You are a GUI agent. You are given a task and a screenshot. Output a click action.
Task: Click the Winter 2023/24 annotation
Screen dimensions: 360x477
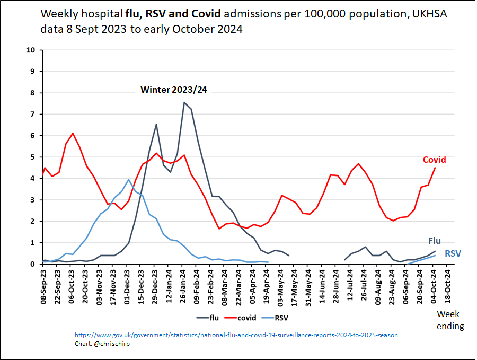click(173, 90)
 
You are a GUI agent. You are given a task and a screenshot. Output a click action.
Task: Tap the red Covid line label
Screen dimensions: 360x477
click(434, 160)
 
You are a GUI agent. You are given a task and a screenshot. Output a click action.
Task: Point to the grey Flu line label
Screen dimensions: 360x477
click(434, 241)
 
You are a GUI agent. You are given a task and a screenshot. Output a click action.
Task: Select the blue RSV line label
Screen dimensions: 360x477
click(452, 254)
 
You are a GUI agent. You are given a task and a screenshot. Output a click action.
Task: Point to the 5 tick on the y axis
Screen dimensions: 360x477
click(33, 157)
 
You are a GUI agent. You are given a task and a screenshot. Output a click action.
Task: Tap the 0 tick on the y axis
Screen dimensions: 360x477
click(33, 264)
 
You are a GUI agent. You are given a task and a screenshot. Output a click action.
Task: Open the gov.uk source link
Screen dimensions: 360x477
click(236, 335)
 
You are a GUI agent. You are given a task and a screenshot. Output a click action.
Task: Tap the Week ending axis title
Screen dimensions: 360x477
click(450, 320)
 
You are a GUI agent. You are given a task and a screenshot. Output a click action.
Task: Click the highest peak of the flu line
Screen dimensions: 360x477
click(184, 102)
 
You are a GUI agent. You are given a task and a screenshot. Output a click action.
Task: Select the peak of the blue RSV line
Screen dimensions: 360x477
click(129, 179)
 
